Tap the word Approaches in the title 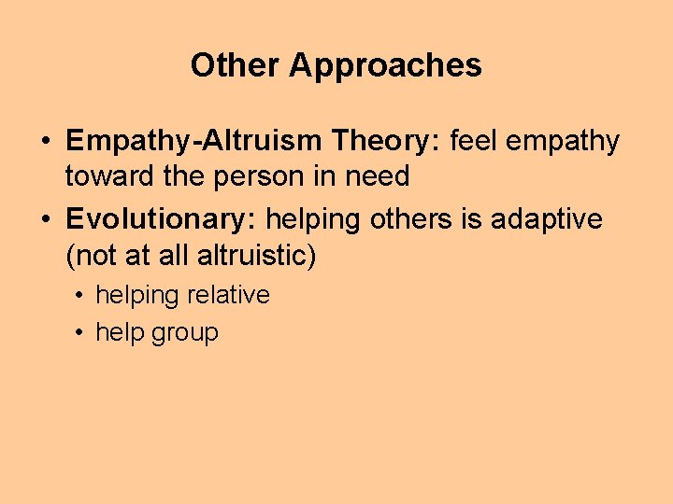(x=385, y=66)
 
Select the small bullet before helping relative (x=81, y=296)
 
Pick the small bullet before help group (x=81, y=333)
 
